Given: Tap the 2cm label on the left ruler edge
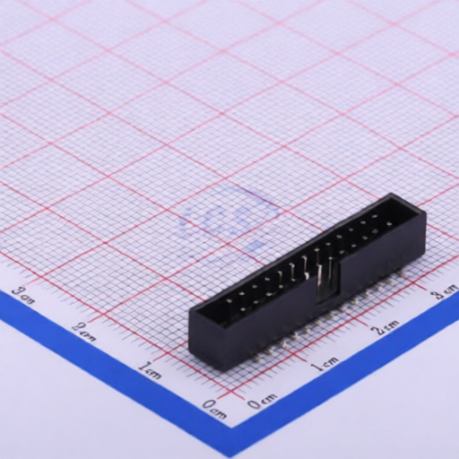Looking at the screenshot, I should [86, 331].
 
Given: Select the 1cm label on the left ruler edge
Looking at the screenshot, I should [150, 368].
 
